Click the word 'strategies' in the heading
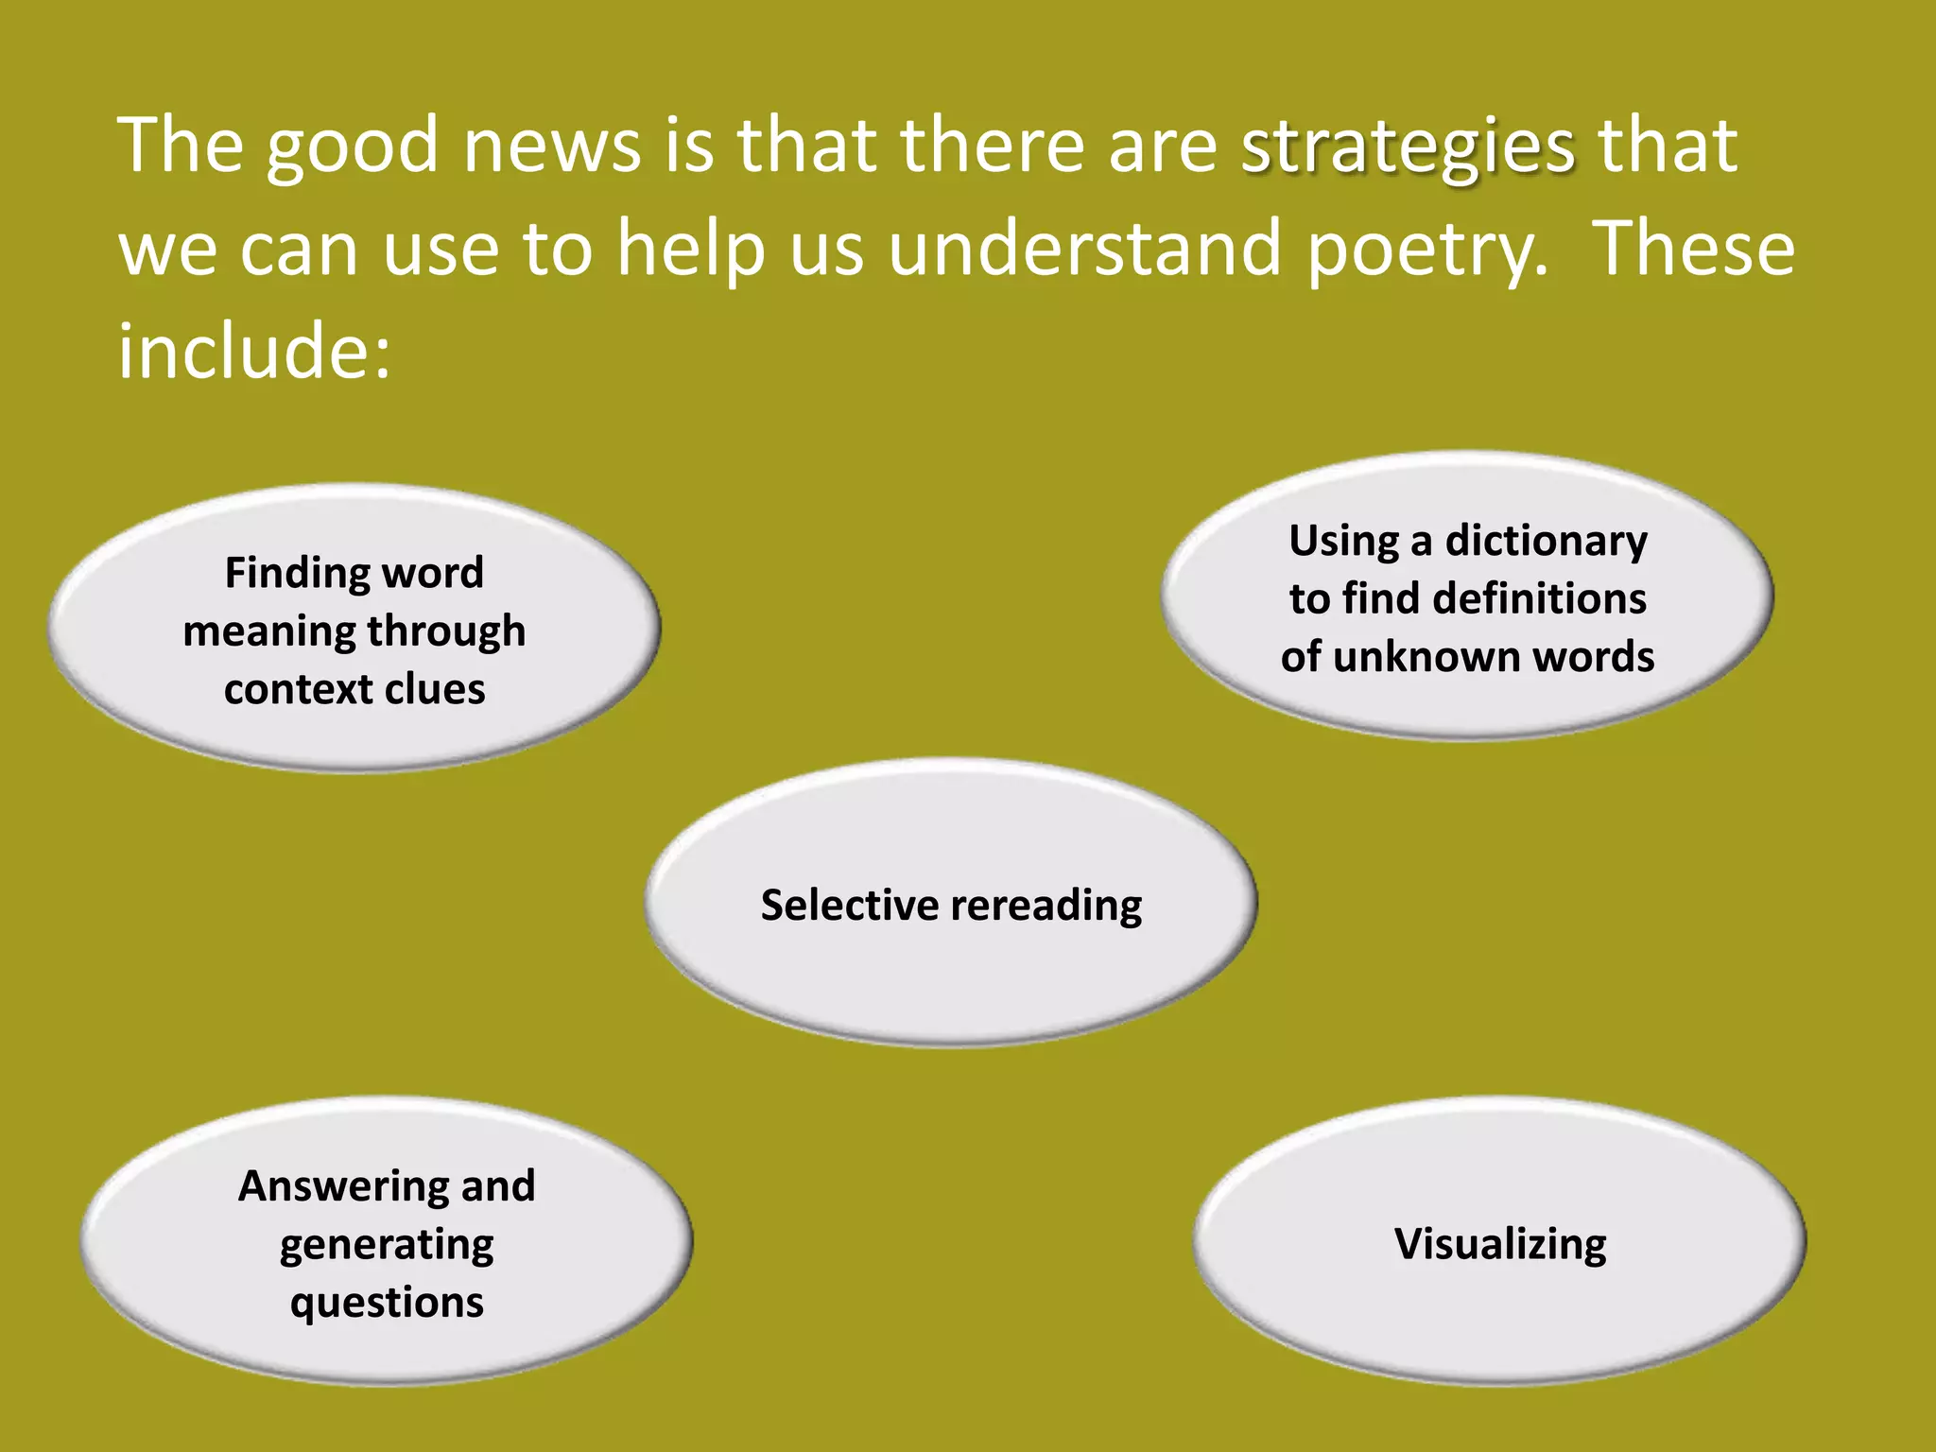click(x=1408, y=148)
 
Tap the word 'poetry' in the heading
click(x=1427, y=251)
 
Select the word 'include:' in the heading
click(x=253, y=351)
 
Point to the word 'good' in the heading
click(x=352, y=148)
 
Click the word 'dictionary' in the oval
click(x=1546, y=542)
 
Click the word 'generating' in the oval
click(x=387, y=1245)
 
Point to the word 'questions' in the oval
click(x=387, y=1304)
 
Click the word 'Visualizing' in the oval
click(x=1500, y=1245)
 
